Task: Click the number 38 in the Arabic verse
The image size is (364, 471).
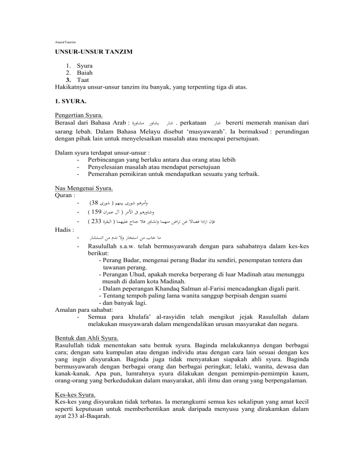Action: (x=95, y=205)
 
